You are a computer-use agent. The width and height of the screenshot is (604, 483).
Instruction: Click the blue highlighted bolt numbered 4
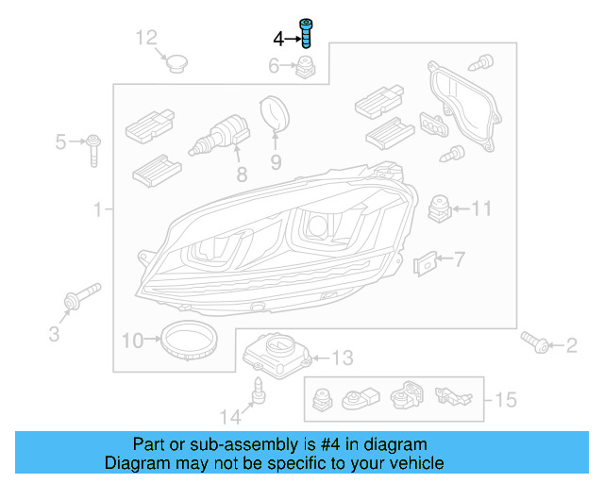[x=306, y=31]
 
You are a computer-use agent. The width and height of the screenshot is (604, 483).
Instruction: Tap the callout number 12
[x=146, y=38]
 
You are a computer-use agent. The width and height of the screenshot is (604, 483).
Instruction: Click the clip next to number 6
[x=306, y=68]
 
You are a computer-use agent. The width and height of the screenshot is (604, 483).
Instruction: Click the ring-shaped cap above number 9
[x=274, y=114]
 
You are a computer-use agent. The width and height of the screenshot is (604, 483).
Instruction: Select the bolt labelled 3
[x=76, y=301]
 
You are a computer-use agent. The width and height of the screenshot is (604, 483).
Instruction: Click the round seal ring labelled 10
[x=188, y=339]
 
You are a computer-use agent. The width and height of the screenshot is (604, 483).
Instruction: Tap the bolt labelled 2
[x=532, y=343]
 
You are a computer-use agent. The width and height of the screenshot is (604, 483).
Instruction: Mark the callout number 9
[x=276, y=162]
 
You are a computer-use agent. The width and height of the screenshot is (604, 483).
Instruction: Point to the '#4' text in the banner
[x=319, y=443]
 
